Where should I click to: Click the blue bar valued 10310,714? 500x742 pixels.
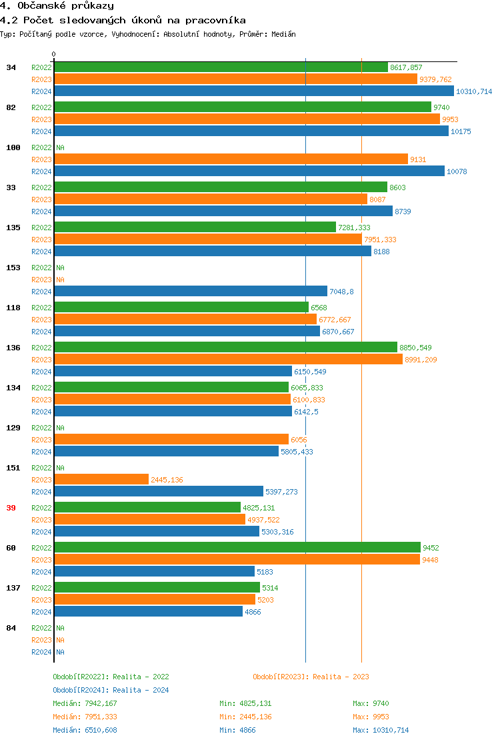pyautogui.click(x=253, y=91)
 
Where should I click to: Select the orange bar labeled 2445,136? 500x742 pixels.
pyautogui.click(x=101, y=480)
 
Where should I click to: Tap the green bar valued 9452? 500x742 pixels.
pyautogui.click(x=237, y=548)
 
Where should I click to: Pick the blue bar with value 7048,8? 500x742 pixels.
pyautogui.click(x=191, y=292)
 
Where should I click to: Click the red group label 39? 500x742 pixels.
pyautogui.click(x=11, y=508)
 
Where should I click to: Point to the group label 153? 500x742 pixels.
pyautogui.click(x=13, y=268)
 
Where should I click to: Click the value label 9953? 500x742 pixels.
pyautogui.click(x=450, y=119)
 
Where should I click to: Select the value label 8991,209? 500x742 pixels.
pyautogui.click(x=421, y=360)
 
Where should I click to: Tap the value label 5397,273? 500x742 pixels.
pyautogui.click(x=281, y=492)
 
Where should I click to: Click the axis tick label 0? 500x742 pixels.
pyautogui.click(x=54, y=54)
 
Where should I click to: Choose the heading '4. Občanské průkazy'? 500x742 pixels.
pyautogui.click(x=57, y=6)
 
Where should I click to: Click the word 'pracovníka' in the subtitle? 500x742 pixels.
pyautogui.click(x=217, y=21)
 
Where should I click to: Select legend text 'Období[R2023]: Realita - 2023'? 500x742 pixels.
pyautogui.click(x=311, y=677)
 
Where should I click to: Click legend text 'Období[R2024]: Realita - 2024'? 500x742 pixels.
pyautogui.click(x=111, y=690)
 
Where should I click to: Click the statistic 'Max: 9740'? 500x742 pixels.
pyautogui.click(x=371, y=703)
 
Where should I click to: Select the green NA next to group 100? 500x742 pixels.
pyautogui.click(x=60, y=147)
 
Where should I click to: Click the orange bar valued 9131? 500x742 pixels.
pyautogui.click(x=231, y=159)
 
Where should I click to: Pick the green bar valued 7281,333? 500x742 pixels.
pyautogui.click(x=195, y=228)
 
